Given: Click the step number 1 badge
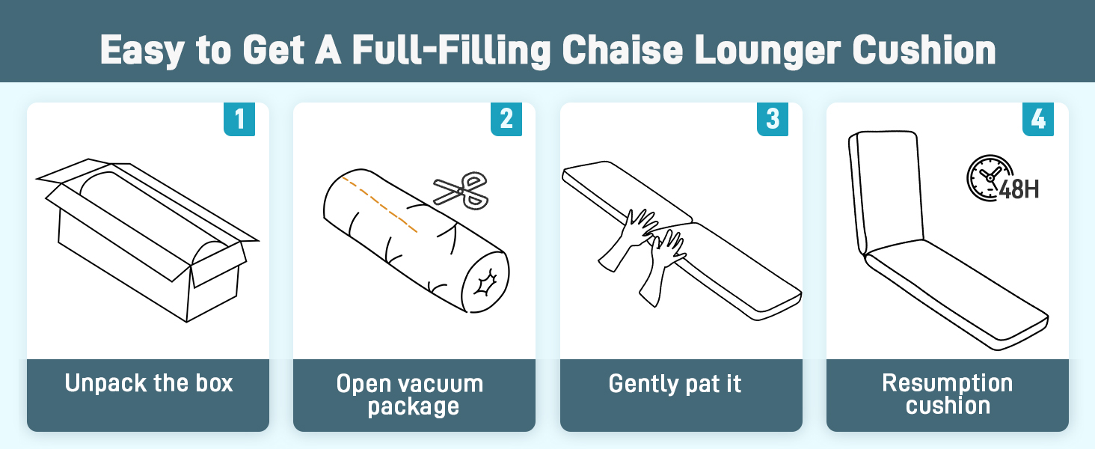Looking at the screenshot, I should (x=239, y=120).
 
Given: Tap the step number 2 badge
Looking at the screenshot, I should (x=506, y=120).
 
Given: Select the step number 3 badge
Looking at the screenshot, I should (x=773, y=120).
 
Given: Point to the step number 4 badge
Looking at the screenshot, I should (x=1039, y=120).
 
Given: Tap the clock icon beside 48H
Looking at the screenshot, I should (x=985, y=176).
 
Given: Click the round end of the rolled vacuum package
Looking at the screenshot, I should (x=484, y=283).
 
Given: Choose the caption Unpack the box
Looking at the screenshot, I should (x=149, y=384).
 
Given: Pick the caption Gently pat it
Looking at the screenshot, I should (x=675, y=384).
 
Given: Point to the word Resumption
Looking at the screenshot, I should (x=947, y=383).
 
